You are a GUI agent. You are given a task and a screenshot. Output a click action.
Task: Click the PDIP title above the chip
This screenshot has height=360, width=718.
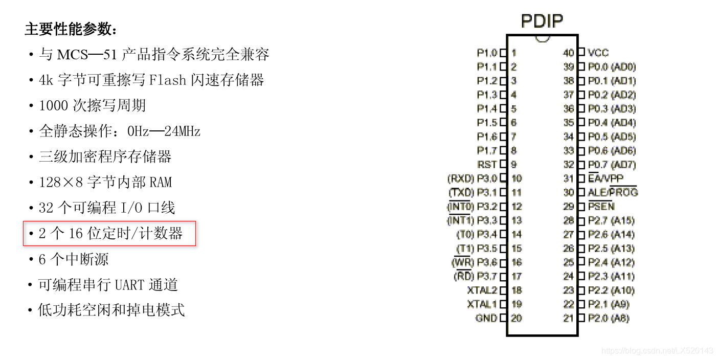[542, 21]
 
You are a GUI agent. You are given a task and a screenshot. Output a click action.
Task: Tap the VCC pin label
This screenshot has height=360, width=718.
[598, 53]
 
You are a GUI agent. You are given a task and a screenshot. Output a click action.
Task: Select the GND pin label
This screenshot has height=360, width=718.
[486, 318]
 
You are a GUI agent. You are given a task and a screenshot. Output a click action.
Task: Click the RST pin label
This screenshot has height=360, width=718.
[487, 165]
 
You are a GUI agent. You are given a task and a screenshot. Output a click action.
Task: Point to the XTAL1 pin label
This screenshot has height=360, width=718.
[482, 304]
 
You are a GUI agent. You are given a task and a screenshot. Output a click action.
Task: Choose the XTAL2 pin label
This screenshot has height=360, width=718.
[482, 290]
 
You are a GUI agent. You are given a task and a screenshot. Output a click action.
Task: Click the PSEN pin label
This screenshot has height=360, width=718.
[601, 207]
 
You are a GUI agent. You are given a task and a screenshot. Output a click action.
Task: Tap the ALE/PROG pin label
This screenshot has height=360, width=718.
[613, 192]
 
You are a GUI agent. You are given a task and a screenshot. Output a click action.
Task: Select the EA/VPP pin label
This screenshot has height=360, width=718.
[605, 178]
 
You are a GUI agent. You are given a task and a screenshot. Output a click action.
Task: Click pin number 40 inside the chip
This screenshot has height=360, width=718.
[568, 53]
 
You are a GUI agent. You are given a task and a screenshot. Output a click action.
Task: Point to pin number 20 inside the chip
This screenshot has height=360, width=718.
[517, 318]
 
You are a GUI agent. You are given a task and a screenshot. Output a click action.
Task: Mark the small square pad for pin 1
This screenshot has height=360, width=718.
[503, 53]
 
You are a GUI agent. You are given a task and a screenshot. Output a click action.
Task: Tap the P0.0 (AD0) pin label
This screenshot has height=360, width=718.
[612, 66]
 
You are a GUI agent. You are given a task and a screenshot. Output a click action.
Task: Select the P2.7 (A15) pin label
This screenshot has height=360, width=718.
[611, 220]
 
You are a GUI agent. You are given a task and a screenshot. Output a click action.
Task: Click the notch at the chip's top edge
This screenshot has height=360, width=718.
[542, 38]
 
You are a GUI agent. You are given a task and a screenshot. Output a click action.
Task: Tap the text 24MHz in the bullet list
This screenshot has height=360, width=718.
[183, 131]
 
